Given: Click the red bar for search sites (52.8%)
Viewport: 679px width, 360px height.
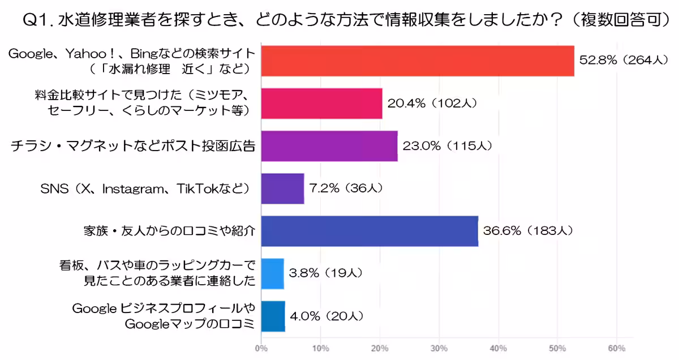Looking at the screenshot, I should tap(418, 61).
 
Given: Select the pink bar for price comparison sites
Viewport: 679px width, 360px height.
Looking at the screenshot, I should tap(321, 103).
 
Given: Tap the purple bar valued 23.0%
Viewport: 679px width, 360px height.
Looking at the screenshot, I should tap(329, 145).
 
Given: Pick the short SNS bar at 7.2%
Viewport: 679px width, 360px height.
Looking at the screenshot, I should tap(282, 188).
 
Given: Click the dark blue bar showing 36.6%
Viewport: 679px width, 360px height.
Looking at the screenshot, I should tap(369, 230).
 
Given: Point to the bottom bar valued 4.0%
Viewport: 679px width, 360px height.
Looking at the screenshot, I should tap(273, 315).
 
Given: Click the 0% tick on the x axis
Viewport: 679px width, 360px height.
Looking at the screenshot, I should tap(261, 348).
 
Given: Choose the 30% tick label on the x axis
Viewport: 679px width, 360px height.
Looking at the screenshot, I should tap(439, 348).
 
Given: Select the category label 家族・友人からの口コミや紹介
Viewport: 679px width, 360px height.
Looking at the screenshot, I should tap(166, 231).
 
